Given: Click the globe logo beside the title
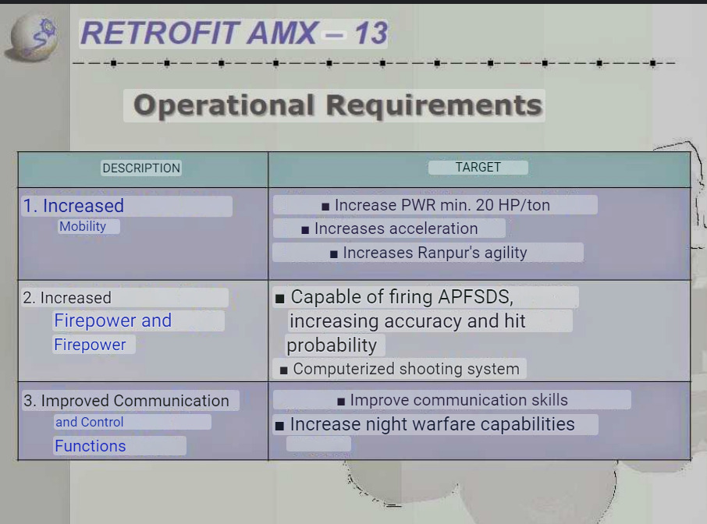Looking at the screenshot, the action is coord(33,39).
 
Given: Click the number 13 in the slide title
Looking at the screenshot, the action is coord(371,34).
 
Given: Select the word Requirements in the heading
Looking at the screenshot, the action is coord(434,106).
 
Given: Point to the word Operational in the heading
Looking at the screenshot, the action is coord(224,105).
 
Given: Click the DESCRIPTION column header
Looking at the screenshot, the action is coord(141,168).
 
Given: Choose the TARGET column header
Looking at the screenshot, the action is coord(478,167).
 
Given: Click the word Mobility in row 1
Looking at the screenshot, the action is coord(83,226).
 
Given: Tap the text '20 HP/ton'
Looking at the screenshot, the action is coord(513,205).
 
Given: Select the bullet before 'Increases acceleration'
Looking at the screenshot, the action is coord(305,230).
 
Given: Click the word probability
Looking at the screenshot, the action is coord(332,345).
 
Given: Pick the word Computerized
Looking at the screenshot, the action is coord(343,369).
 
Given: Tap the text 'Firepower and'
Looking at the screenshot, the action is coord(112,320).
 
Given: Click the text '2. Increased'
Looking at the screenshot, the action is coord(67,298).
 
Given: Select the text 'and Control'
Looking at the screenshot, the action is coord(89,422).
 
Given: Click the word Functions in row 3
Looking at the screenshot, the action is coord(91,446).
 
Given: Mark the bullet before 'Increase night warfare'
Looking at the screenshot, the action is coord(279,426).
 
